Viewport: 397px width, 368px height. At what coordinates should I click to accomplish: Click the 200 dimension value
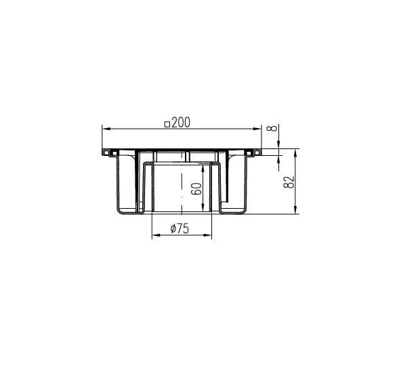click(181, 123)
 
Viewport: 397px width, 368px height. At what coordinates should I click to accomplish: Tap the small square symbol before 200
click(167, 124)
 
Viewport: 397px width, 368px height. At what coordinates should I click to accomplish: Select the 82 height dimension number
click(289, 182)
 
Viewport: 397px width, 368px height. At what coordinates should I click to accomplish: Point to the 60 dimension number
click(197, 188)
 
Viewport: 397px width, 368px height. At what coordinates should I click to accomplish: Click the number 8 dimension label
click(273, 128)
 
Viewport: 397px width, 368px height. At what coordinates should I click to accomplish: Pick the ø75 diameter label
click(180, 229)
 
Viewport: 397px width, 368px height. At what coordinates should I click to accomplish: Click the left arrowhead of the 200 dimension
click(106, 129)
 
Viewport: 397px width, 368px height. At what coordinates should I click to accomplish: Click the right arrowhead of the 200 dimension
click(257, 129)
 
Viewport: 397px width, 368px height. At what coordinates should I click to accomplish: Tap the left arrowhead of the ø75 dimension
click(156, 235)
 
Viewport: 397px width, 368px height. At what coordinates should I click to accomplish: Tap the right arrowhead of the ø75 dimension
click(207, 235)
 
